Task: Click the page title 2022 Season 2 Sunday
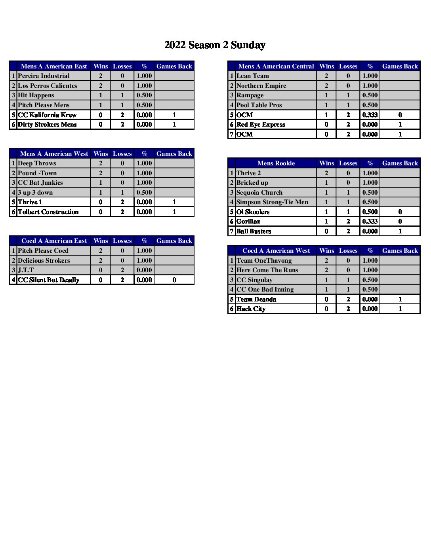tap(215, 45)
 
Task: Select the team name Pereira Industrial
tap(44, 76)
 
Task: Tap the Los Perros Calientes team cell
tap(48, 86)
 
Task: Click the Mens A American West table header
tap(54, 154)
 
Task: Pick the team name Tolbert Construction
tap(48, 212)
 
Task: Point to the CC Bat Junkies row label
tap(40, 183)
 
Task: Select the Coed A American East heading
tap(54, 241)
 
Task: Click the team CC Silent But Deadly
tap(49, 280)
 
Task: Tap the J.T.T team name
tap(26, 270)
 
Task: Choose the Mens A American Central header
tap(276, 66)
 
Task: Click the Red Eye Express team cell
tap(261, 125)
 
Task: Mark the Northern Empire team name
tap(261, 86)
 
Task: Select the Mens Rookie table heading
tap(276, 163)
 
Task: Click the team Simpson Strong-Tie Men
tap(272, 202)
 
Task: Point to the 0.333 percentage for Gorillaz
tap(370, 222)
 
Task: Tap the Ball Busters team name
tap(254, 231)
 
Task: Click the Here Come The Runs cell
tap(267, 270)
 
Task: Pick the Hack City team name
tap(251, 309)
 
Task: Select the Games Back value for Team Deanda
tap(400, 299)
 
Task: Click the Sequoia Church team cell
tap(259, 193)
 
